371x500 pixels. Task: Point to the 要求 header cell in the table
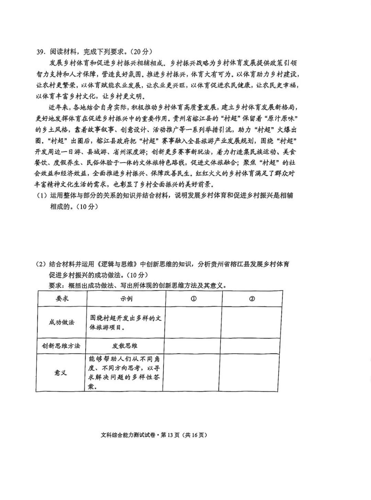pyautogui.click(x=62, y=298)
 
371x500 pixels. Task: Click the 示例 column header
pyautogui.click(x=126, y=298)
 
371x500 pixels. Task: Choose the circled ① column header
pyautogui.click(x=194, y=299)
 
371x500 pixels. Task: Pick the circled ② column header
pyautogui.click(x=252, y=299)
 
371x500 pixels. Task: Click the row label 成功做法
pyautogui.click(x=62, y=322)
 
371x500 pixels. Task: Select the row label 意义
pyautogui.click(x=61, y=373)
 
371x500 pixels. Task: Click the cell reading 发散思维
pyautogui.click(x=125, y=346)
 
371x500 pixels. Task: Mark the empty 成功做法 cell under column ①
pyautogui.click(x=193, y=322)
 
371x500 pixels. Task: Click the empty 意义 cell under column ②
pyautogui.click(x=249, y=373)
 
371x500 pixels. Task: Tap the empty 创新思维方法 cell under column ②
pyautogui.click(x=250, y=346)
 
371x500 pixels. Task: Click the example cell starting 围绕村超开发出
pyautogui.click(x=125, y=322)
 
